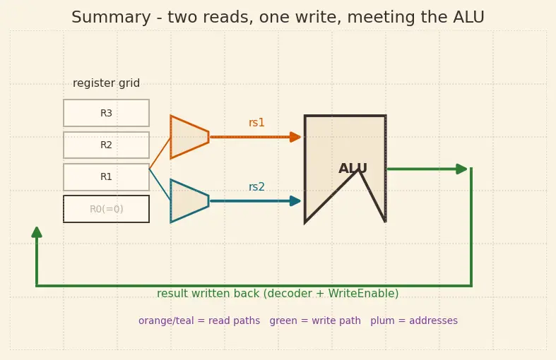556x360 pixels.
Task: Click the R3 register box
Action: pos(107,113)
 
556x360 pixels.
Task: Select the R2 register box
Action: pos(107,145)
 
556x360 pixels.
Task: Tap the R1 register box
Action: pos(107,176)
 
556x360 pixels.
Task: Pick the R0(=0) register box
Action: pos(107,209)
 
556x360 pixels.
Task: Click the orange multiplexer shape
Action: pos(189,137)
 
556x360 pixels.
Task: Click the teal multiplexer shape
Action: pos(189,201)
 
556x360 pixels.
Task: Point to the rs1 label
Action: pos(256,123)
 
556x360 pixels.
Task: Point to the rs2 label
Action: pos(256,187)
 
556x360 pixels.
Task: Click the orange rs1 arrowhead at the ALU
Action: pos(295,137)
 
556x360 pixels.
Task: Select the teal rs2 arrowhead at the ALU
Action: pos(295,201)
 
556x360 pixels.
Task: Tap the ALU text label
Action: pos(353,168)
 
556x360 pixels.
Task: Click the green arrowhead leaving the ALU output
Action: pos(461,169)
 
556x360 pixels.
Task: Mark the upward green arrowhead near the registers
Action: pos(37,232)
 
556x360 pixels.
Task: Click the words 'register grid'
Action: pos(107,83)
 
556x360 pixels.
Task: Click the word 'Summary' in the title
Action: pos(112,18)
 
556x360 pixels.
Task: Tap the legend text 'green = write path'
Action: pos(315,320)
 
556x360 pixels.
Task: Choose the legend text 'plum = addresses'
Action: pos(414,320)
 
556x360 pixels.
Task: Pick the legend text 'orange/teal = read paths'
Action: pos(199,320)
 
